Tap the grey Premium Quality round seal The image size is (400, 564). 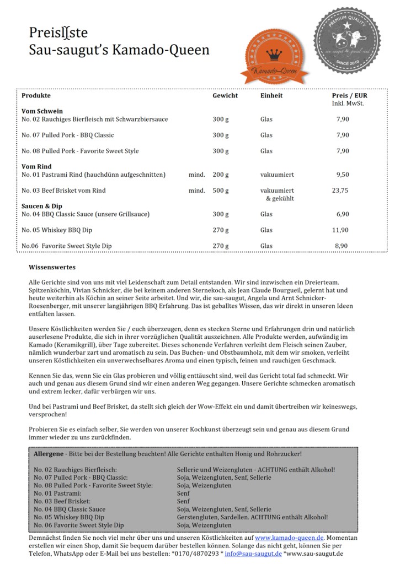(347, 41)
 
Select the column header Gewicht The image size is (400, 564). (225, 95)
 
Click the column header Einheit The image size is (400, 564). (271, 95)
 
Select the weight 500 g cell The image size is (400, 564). (221, 190)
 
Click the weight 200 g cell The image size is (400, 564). (221, 175)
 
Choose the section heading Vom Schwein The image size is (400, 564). (42, 111)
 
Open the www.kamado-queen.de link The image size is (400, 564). (290, 537)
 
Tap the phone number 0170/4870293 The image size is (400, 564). (194, 553)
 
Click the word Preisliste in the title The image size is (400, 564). (58, 33)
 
